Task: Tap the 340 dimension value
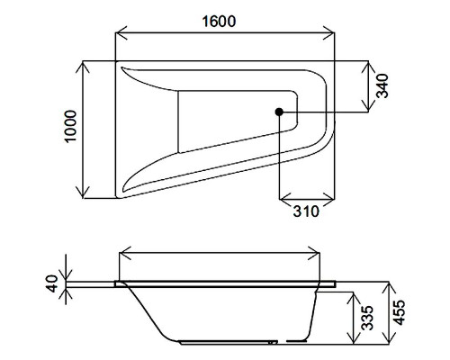pyautogui.click(x=382, y=87)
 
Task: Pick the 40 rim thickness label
pyautogui.click(x=51, y=283)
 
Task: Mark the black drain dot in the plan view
pyautogui.click(x=280, y=112)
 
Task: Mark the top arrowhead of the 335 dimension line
pyautogui.click(x=352, y=294)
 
